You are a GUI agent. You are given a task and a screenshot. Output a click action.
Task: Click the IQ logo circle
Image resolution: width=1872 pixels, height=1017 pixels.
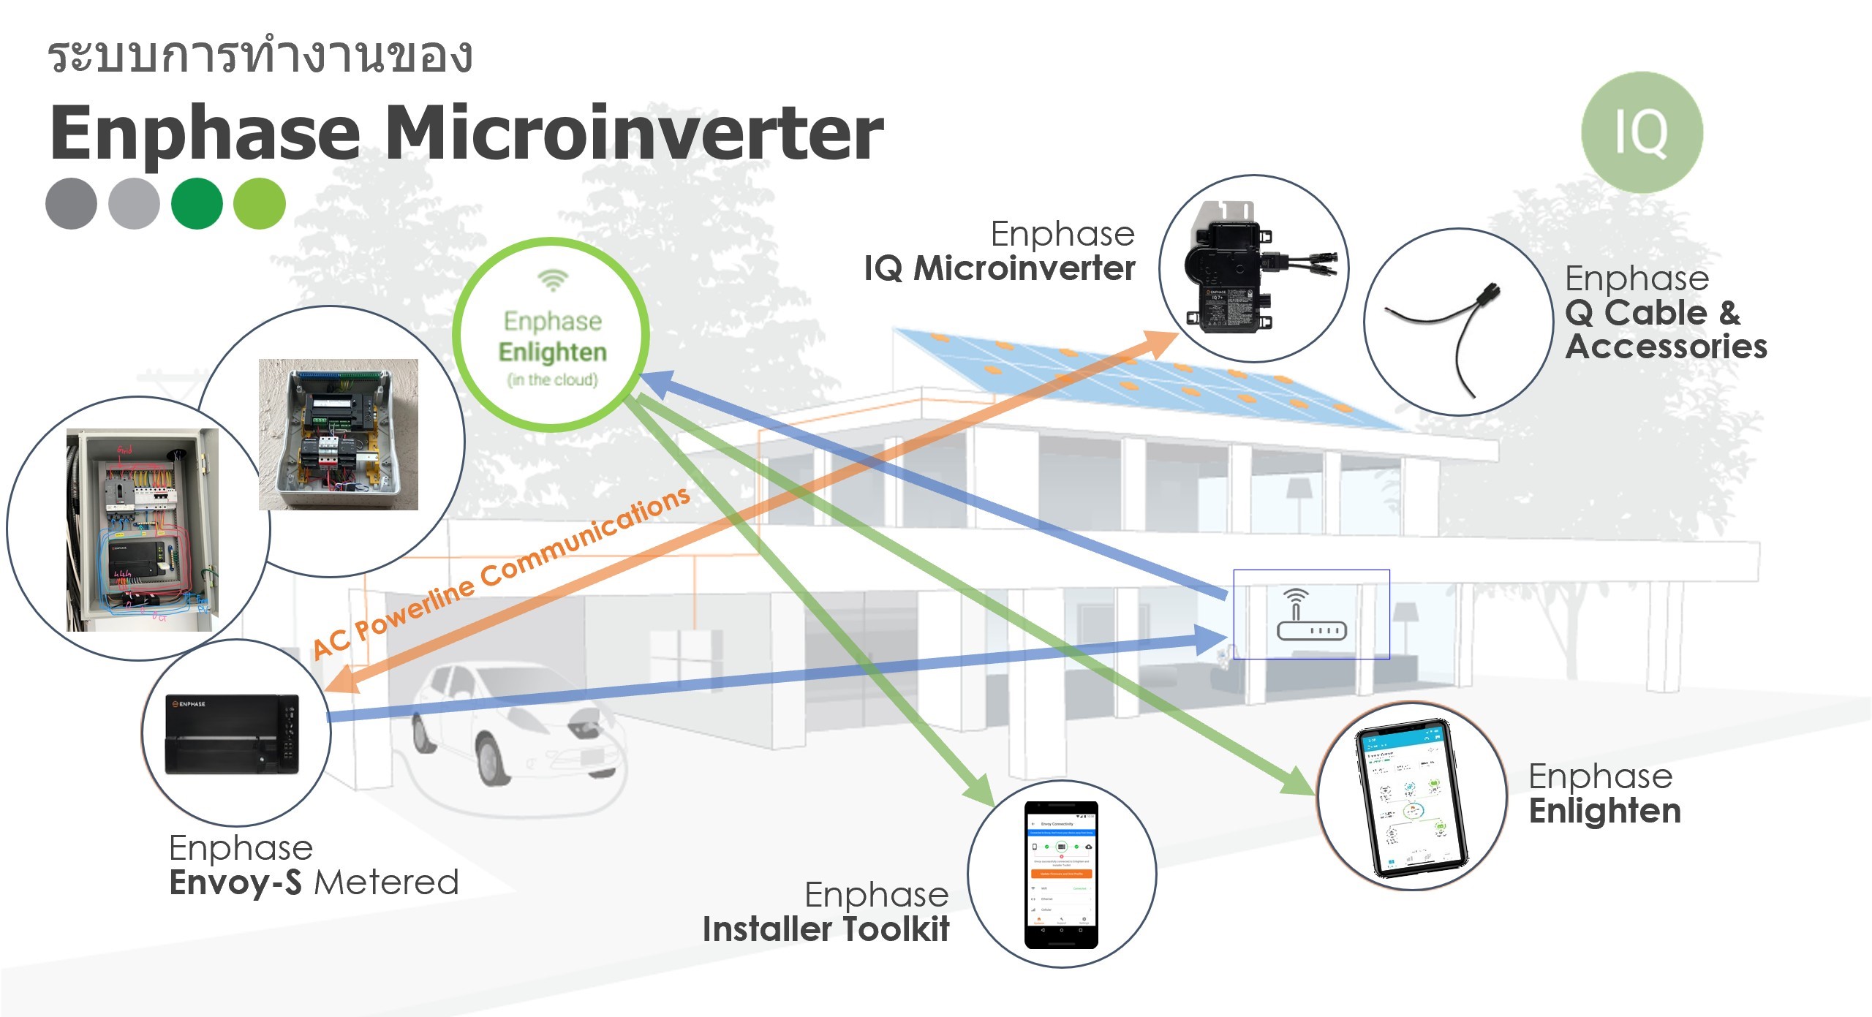1642,132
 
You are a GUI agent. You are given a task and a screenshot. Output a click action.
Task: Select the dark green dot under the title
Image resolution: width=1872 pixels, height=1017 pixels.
197,203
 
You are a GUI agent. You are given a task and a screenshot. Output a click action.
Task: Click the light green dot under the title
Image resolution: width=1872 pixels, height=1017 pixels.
259,203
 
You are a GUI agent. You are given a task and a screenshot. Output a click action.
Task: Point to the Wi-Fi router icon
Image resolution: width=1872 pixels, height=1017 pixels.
1311,615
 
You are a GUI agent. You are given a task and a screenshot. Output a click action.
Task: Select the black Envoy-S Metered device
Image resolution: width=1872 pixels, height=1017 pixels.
233,733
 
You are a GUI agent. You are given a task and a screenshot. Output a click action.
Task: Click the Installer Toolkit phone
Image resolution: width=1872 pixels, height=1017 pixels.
1061,874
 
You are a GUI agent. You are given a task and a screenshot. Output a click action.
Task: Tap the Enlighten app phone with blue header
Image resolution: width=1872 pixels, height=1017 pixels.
1411,798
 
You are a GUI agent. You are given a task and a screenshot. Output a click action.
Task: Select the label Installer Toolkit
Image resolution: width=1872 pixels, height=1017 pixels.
826,929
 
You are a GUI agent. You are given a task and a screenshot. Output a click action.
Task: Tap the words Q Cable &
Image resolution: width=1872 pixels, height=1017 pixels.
1652,313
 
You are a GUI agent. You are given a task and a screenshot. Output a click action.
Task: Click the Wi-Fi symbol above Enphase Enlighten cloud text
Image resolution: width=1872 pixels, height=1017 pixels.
553,279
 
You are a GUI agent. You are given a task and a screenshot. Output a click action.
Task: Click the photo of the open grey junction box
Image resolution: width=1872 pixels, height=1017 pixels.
339,434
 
